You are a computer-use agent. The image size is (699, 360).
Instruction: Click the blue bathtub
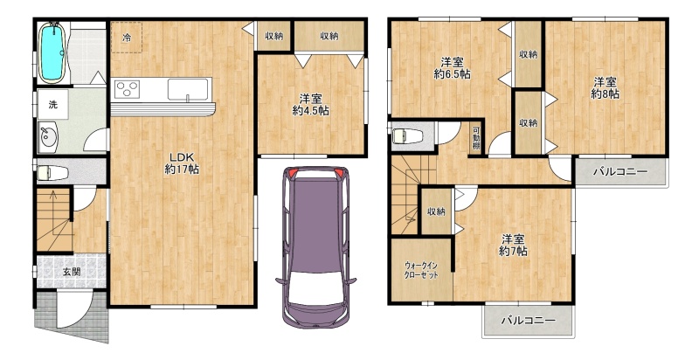53,52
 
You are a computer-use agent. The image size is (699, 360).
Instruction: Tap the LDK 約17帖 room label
182,163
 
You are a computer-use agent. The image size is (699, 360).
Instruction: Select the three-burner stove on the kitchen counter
128,89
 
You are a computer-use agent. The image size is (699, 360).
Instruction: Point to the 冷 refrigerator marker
127,38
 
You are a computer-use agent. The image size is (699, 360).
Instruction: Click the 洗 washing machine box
53,105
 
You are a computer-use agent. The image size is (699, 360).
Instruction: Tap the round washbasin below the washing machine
48,137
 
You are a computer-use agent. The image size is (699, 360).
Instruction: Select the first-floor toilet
52,172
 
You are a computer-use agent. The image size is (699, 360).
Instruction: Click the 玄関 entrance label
72,271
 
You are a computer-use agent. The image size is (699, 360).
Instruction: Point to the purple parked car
315,247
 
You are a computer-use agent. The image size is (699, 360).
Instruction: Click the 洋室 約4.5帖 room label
311,105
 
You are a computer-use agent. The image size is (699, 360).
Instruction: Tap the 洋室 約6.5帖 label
452,68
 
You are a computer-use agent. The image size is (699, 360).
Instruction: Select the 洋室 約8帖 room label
605,87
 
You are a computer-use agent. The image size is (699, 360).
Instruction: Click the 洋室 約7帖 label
513,245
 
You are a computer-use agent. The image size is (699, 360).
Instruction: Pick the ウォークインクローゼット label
421,269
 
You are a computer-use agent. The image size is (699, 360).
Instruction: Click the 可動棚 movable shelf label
476,139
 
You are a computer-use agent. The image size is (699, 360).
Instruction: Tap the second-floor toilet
408,136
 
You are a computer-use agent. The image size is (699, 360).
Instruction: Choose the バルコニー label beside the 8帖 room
620,172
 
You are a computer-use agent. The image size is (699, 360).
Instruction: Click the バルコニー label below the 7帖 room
529,321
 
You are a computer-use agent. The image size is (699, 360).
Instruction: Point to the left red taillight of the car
293,173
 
